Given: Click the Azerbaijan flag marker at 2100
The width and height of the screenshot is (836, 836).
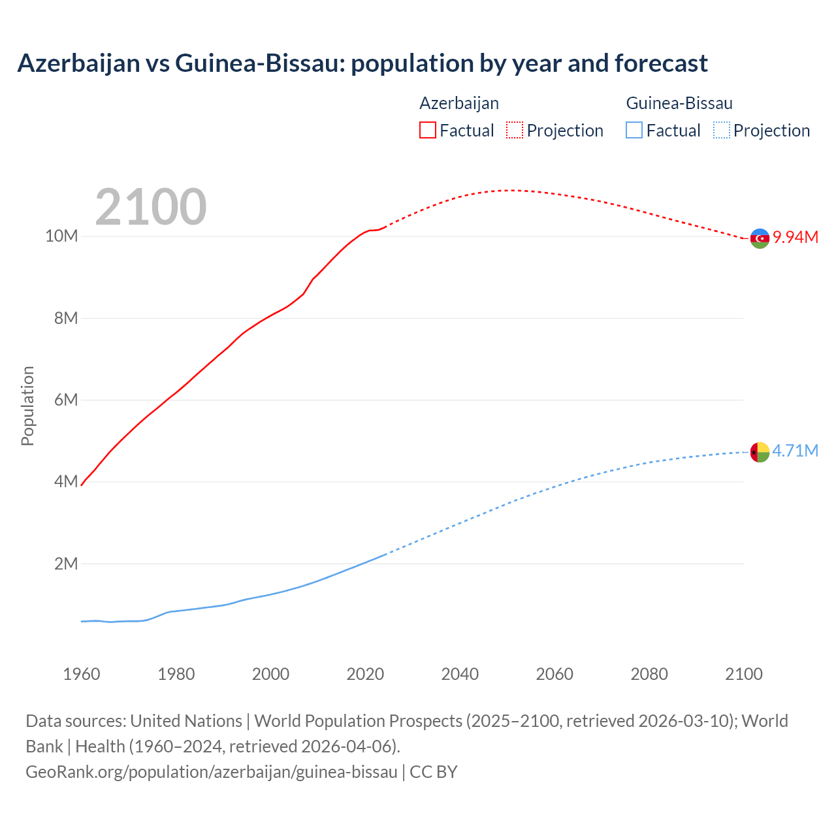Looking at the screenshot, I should [x=760, y=238].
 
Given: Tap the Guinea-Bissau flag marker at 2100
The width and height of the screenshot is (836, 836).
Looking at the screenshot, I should [x=760, y=452].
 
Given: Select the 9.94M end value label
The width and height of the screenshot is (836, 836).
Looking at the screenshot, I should [x=796, y=237].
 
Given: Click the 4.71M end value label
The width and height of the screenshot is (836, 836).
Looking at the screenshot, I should [x=795, y=451].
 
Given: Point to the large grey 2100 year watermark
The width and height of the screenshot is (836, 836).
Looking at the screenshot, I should [x=151, y=207].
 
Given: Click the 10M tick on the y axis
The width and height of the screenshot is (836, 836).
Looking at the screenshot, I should [x=61, y=236].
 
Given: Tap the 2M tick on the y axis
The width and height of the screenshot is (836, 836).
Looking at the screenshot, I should [x=66, y=564].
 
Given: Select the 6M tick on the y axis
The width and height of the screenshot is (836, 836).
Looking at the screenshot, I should [x=66, y=400].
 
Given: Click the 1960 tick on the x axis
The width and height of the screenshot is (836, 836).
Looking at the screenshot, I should [x=82, y=674].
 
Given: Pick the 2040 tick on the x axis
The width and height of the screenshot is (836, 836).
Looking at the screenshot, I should [x=460, y=674].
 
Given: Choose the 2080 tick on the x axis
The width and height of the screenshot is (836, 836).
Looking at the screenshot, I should [x=649, y=674].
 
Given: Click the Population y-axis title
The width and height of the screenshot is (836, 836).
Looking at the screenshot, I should [x=27, y=406].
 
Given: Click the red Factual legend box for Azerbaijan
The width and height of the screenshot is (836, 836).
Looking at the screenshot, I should [x=428, y=130].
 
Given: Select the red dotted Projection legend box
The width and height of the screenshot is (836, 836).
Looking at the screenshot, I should [x=515, y=130].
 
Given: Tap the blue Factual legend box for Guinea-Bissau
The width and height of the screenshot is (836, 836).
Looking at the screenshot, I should [x=634, y=130].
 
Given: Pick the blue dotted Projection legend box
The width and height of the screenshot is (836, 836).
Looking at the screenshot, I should [x=721, y=130].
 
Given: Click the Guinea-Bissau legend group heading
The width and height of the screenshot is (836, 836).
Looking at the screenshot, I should [x=679, y=103].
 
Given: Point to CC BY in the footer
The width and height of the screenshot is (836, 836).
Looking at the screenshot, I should [x=434, y=771].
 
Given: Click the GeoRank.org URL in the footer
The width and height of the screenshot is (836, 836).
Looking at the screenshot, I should [x=211, y=771].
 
